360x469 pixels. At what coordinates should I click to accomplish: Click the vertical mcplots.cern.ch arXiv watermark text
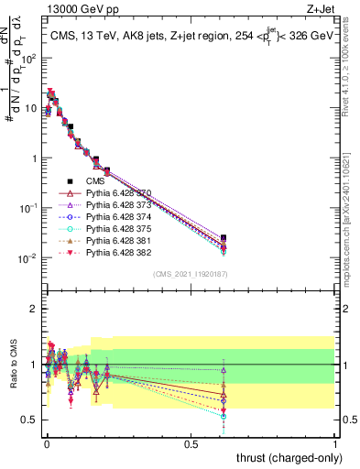[351, 183]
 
